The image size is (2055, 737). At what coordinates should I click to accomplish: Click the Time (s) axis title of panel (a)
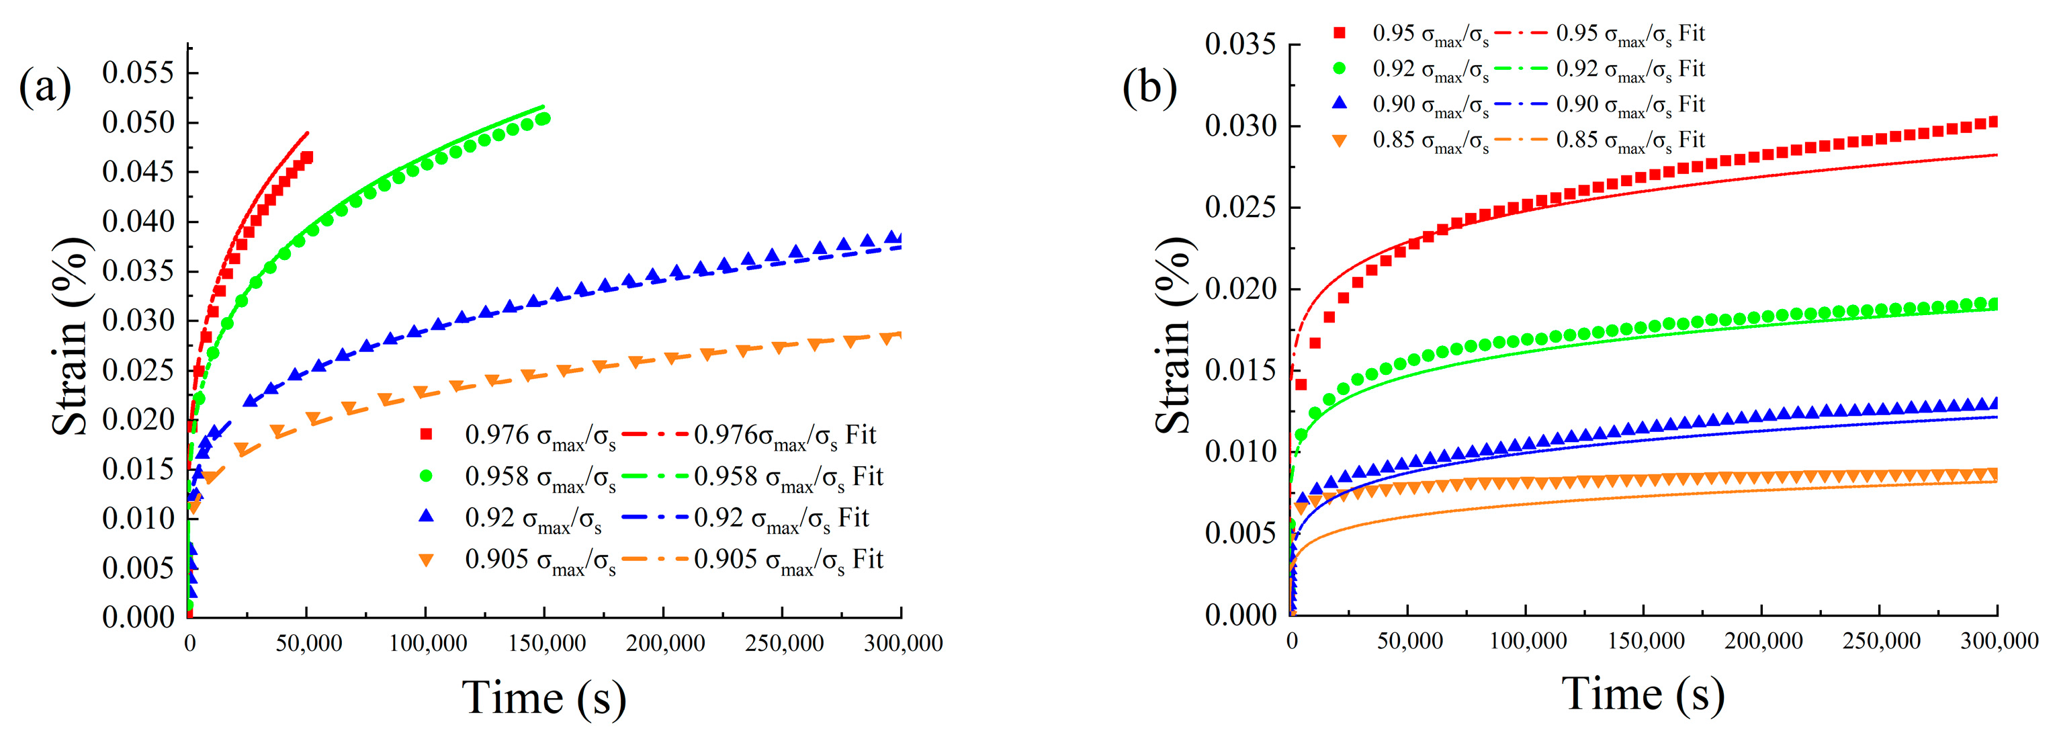coord(544,697)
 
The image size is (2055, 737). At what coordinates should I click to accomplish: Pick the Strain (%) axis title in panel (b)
coord(1174,335)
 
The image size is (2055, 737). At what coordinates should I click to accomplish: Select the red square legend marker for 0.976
coord(426,435)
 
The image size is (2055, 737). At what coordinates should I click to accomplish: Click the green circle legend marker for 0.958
coord(426,476)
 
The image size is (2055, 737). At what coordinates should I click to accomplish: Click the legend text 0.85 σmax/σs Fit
coord(1630,140)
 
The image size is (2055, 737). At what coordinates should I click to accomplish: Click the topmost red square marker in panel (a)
coord(307,157)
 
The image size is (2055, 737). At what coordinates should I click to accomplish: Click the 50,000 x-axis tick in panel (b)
coord(1409,640)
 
